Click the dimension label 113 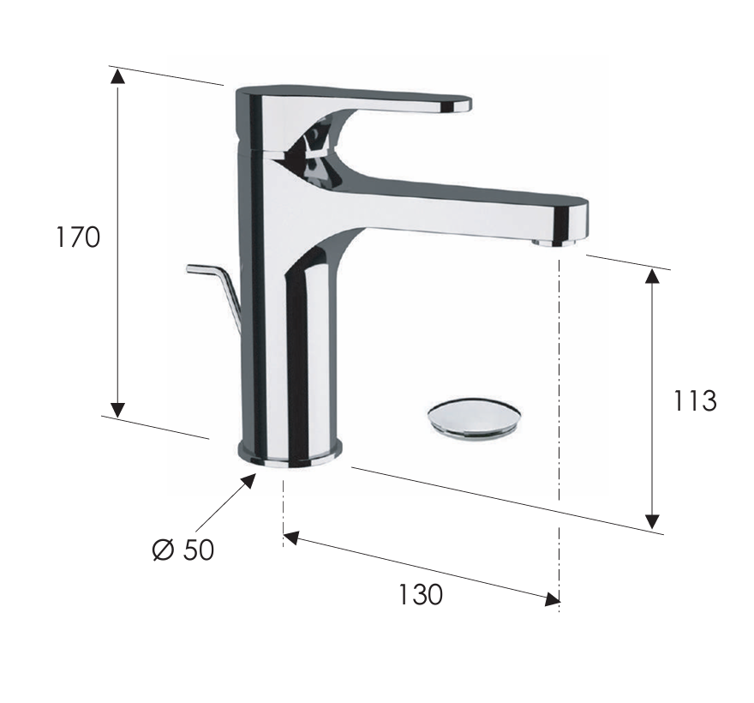click(694, 400)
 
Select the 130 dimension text click(420, 594)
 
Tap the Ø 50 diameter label click(183, 550)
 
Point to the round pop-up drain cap click(474, 418)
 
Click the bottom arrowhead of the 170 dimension click(118, 409)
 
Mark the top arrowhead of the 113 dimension click(653, 276)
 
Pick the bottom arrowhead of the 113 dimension click(653, 520)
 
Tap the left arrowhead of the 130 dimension click(290, 538)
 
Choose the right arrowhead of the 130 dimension click(550, 599)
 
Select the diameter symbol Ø click(163, 550)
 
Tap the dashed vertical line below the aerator click(559, 386)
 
